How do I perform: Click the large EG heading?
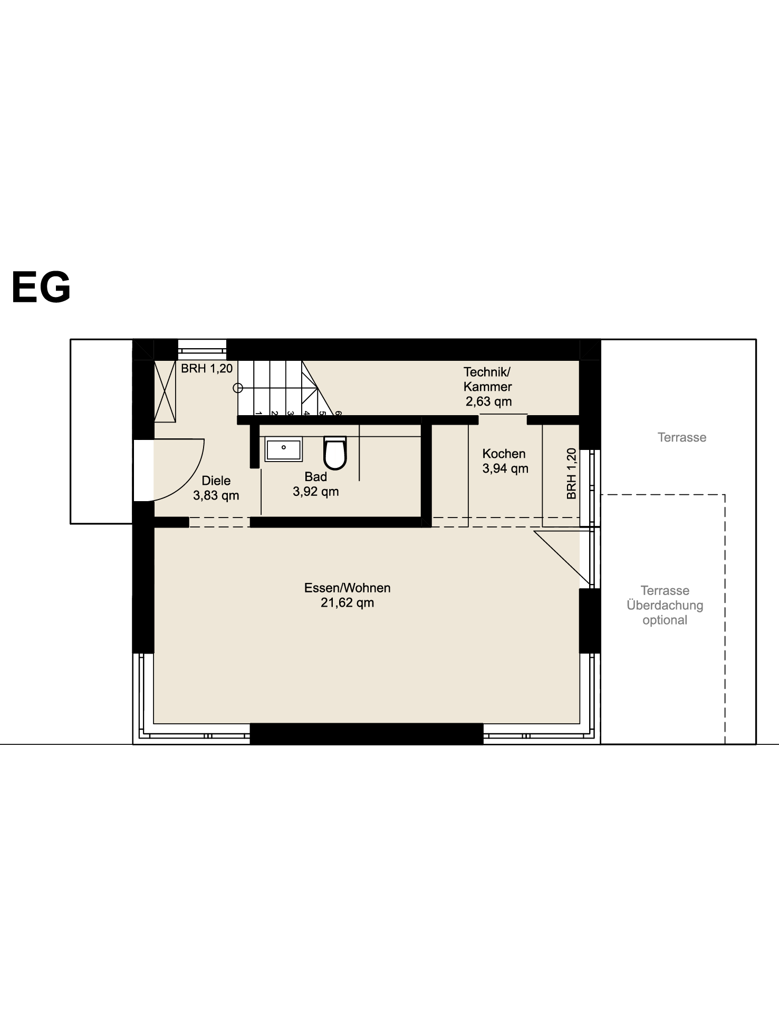point(41,287)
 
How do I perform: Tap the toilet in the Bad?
point(335,453)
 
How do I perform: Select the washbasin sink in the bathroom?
point(284,449)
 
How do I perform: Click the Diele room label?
point(216,481)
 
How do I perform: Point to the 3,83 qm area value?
point(216,496)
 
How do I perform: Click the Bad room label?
point(316,477)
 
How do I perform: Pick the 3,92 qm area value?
point(316,492)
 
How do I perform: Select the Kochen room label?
point(504,454)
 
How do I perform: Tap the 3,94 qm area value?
point(505,468)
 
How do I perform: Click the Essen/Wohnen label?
point(348,588)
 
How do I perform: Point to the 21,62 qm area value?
point(348,602)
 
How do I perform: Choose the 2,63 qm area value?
point(489,401)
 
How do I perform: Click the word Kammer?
point(488,387)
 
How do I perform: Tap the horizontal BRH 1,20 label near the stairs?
point(207,368)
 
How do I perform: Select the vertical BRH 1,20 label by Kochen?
point(572,474)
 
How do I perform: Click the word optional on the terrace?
point(665,620)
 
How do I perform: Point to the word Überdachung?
point(665,605)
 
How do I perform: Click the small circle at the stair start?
point(238,388)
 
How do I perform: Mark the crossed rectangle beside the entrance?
point(165,391)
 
